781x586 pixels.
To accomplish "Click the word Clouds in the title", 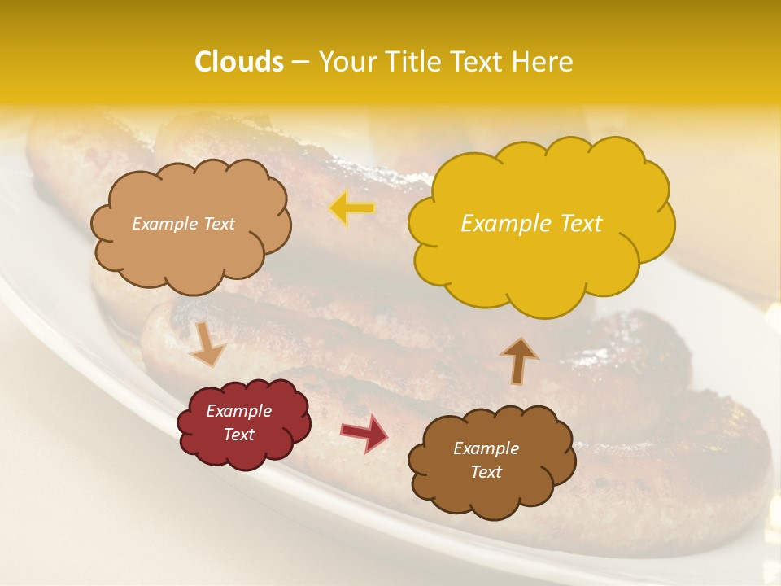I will pos(239,62).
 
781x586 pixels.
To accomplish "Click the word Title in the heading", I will pos(412,62).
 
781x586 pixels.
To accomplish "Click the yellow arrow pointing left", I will pos(352,208).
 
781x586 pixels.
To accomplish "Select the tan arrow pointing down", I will pos(207,343).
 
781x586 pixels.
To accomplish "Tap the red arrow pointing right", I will pos(365,432).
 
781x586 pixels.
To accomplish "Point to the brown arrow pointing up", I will pos(519,360).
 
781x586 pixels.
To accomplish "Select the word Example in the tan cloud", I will pos(165,224).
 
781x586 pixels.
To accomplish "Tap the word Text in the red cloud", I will pos(239,435).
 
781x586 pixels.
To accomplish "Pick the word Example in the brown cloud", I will pos(486,448).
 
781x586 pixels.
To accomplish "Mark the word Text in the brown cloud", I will pos(486,472).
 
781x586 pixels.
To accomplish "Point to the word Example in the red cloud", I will pos(239,411).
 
